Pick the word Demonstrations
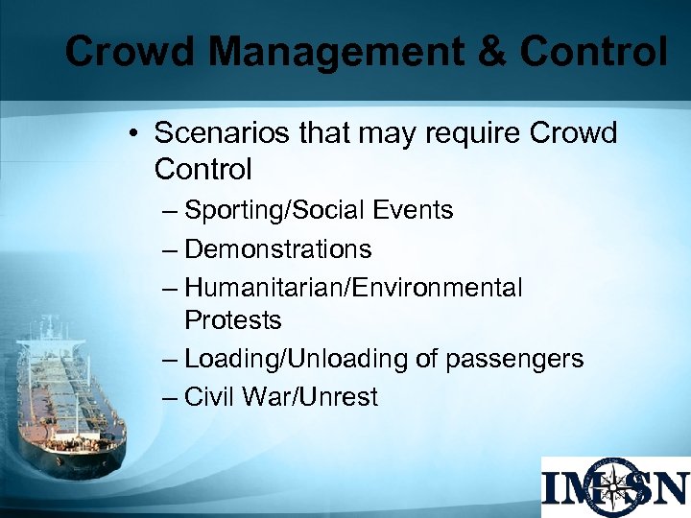[x=277, y=249]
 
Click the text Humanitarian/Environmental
[x=353, y=288]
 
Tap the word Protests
[x=232, y=319]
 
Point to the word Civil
[x=209, y=397]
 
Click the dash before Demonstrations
[x=171, y=250]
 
